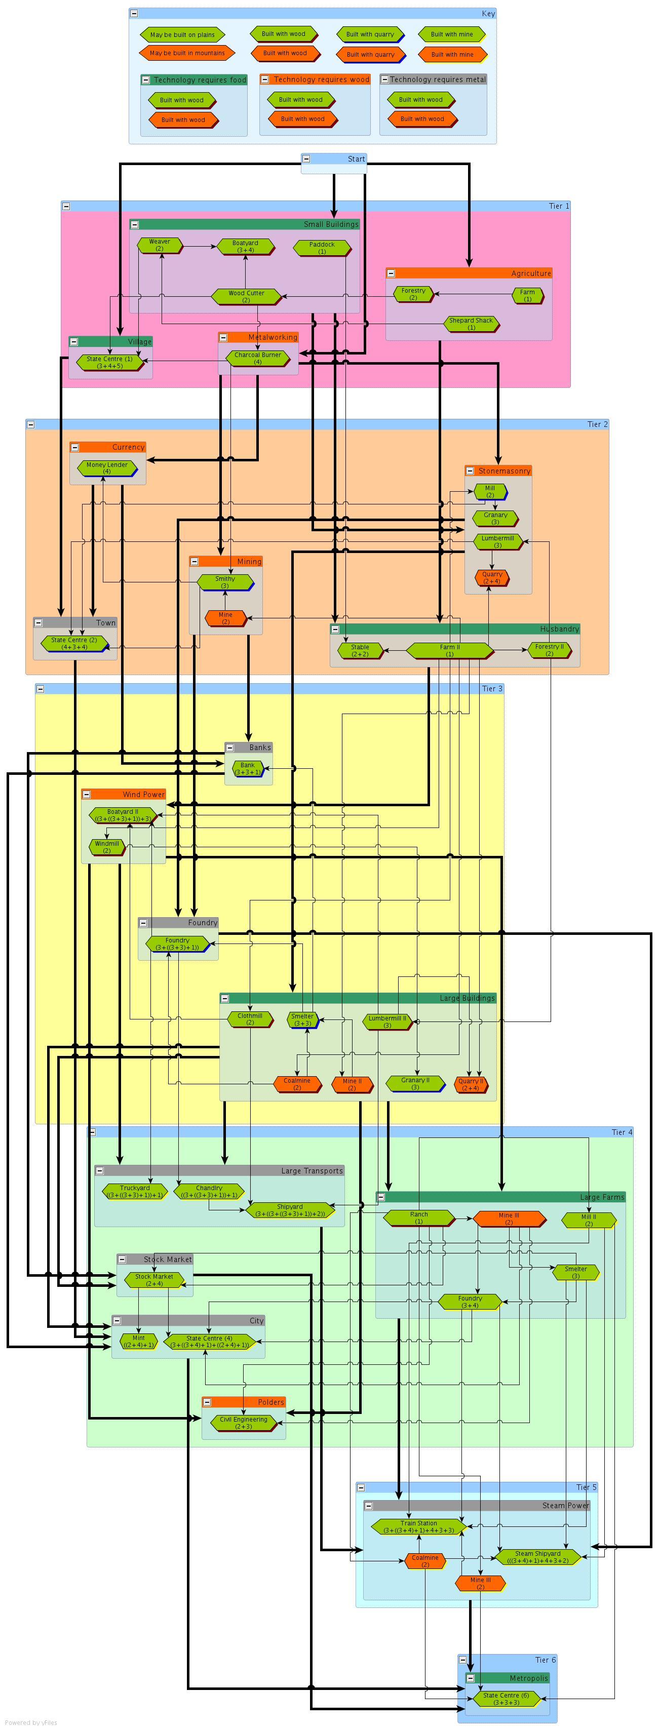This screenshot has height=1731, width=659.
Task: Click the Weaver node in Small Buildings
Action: tap(159, 245)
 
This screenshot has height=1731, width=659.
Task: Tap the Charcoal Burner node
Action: tap(257, 358)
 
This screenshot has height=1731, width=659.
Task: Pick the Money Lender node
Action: tap(107, 467)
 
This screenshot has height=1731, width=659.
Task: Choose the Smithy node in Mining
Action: tap(225, 582)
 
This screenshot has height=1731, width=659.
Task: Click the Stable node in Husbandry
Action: tap(360, 650)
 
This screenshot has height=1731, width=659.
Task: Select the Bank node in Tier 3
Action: tap(248, 768)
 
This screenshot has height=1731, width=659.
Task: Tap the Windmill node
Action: tap(107, 847)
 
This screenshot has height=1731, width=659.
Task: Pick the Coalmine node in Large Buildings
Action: tap(297, 1084)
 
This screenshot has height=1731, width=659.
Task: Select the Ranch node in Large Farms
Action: tap(418, 1217)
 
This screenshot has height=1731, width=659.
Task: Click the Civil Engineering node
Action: tap(243, 1423)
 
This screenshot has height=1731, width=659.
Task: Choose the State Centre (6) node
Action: tap(506, 1699)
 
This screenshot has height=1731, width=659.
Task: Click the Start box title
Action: tap(356, 159)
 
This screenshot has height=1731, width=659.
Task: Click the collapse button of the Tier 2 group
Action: tap(31, 424)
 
